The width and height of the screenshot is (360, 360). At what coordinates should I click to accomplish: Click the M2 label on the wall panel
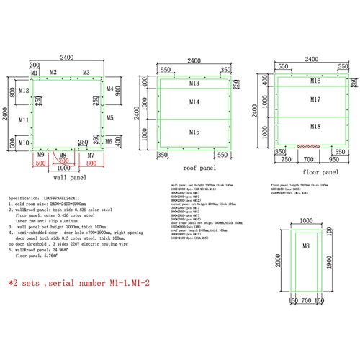click(53, 73)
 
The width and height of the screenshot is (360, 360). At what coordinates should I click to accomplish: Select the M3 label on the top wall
click(86, 73)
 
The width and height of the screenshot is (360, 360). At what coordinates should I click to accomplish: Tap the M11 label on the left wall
click(24, 120)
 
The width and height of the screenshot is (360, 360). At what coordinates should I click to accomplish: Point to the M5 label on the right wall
click(109, 117)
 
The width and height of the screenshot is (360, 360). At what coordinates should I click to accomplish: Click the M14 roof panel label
click(194, 103)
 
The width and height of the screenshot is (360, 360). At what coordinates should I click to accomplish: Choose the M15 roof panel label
click(194, 132)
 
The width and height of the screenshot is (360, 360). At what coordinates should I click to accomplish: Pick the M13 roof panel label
click(194, 84)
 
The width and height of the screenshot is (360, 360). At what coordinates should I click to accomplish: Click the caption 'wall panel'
click(70, 176)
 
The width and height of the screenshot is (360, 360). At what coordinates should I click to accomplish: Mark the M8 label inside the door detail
click(305, 246)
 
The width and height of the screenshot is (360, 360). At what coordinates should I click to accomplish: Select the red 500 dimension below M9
click(40, 163)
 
